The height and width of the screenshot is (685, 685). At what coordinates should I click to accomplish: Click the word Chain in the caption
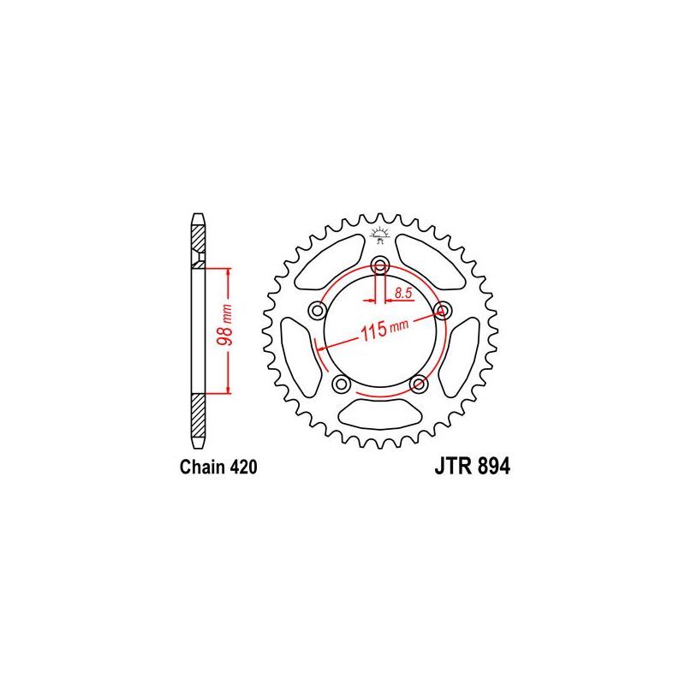[203, 468]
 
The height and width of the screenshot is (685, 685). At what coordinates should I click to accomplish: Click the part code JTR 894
[466, 468]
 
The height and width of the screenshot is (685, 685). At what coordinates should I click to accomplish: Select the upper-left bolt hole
[319, 308]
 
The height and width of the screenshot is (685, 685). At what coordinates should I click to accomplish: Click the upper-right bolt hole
[443, 308]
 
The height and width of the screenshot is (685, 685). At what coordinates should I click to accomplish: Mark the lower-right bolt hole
[419, 383]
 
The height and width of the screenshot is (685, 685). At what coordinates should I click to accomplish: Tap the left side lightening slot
[296, 355]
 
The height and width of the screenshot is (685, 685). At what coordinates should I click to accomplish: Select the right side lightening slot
[465, 355]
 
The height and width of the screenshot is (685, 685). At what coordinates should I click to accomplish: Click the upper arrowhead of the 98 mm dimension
[229, 273]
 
